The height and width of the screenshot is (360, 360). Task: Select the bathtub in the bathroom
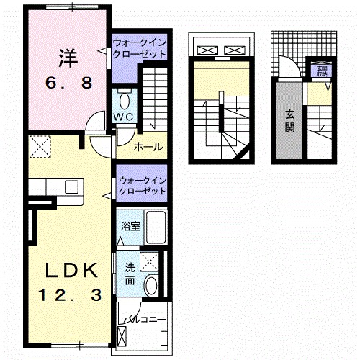[x=153, y=226]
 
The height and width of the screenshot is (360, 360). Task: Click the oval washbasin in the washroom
[x=151, y=287]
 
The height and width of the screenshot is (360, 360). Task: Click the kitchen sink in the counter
[x=71, y=186]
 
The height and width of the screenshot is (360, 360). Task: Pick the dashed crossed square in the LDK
[x=39, y=148]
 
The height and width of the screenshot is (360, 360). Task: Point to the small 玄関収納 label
[x=320, y=71]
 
